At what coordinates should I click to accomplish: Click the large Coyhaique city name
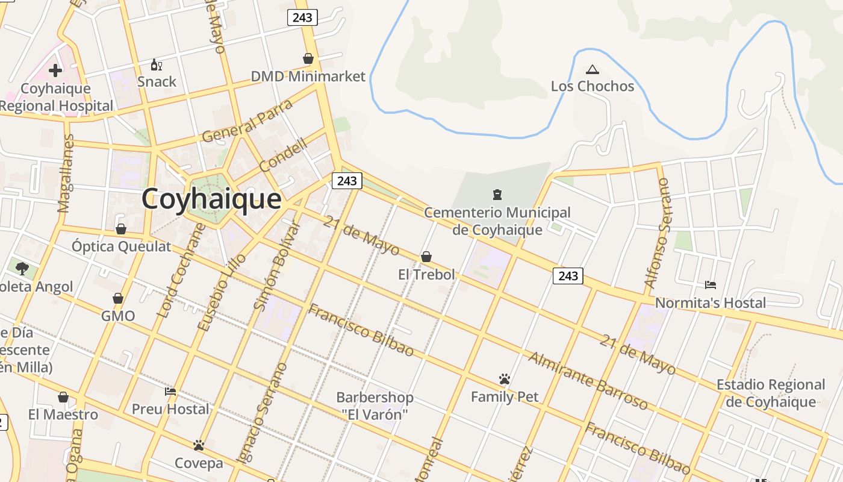(x=211, y=199)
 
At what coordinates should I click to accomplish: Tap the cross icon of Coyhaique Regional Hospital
(x=55, y=70)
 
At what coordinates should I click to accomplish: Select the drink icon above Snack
(x=156, y=64)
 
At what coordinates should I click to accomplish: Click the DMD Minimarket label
(x=308, y=77)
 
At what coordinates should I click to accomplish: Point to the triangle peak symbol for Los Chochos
(x=593, y=69)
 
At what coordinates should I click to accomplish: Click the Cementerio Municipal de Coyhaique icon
(x=497, y=195)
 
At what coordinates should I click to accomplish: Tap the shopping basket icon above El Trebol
(x=426, y=257)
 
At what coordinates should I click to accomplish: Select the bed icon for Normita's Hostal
(x=711, y=284)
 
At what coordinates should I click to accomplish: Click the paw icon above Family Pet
(x=505, y=379)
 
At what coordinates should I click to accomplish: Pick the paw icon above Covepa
(x=199, y=445)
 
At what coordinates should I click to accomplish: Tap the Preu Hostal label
(x=170, y=409)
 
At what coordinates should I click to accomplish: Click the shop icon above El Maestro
(x=63, y=397)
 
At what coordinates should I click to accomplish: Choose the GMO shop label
(x=118, y=316)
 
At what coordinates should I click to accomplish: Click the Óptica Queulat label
(x=122, y=246)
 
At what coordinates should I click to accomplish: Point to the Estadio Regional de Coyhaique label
(x=771, y=393)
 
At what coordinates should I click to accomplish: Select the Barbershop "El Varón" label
(x=375, y=405)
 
